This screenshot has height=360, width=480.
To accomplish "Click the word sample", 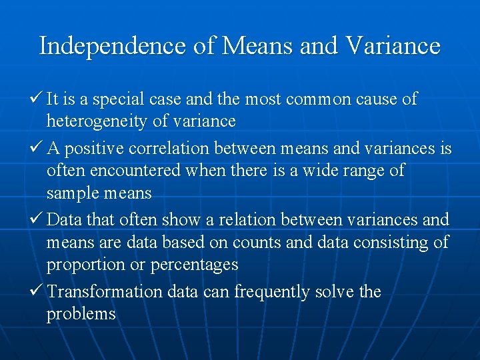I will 69,193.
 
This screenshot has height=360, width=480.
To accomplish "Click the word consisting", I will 390,242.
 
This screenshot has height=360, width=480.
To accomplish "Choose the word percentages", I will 194,265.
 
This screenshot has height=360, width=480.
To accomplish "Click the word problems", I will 81,314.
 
